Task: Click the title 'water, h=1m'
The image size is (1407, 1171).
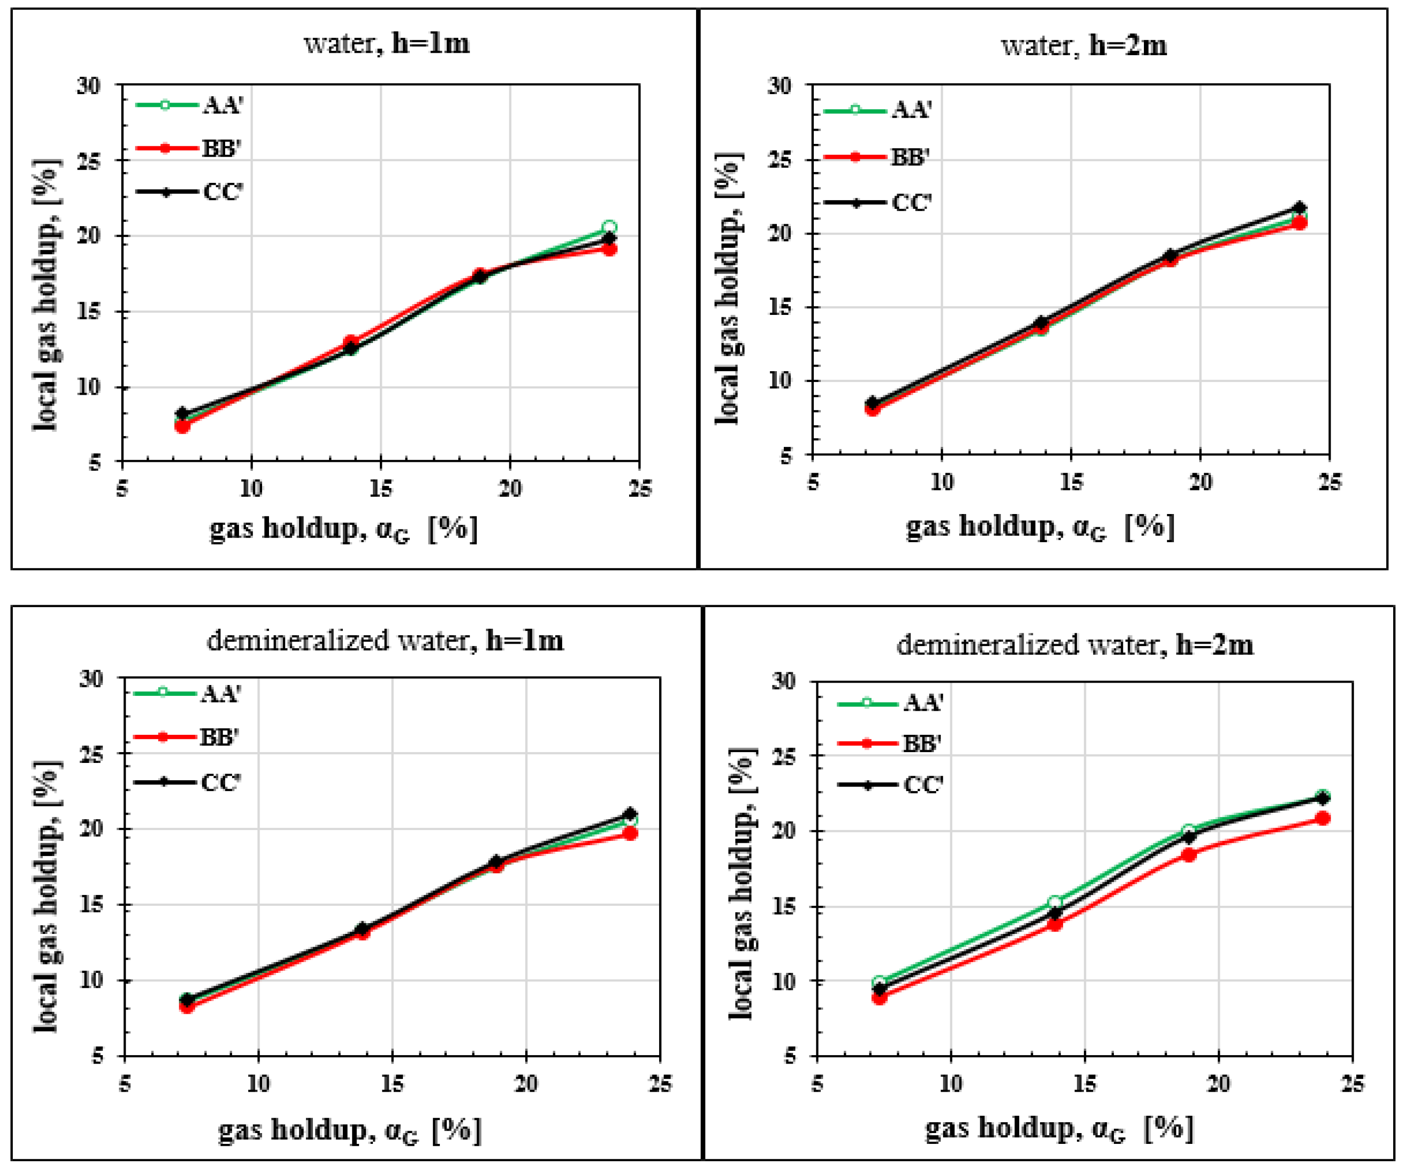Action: tap(387, 43)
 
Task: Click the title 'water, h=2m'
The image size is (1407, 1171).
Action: tap(1083, 45)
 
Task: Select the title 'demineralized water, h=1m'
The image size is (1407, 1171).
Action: tap(385, 641)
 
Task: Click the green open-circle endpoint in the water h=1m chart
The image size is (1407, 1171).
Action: tap(609, 227)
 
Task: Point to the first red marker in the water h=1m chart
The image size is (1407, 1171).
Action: tap(182, 426)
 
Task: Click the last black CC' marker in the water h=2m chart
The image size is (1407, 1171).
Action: tap(1300, 208)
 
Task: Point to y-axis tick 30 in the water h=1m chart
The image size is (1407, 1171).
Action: tap(89, 86)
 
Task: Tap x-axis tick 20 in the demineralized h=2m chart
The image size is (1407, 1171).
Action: tap(1219, 1084)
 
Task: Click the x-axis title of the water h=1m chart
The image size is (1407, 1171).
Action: tap(344, 529)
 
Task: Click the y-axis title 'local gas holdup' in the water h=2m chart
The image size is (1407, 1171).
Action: tap(728, 288)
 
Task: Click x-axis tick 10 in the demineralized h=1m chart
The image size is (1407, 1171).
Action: tap(258, 1084)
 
